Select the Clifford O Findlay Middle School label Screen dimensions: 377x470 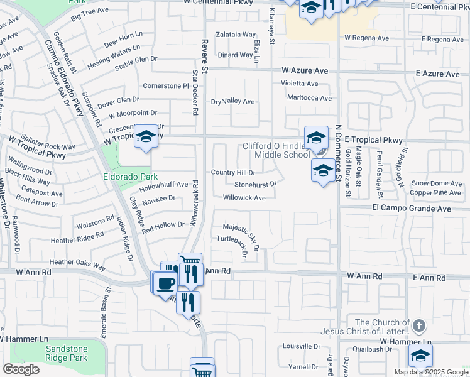(x=276, y=150)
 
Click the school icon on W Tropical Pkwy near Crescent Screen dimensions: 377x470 (x=146, y=137)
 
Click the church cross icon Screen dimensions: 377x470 (x=420, y=325)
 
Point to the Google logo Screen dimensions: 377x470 (x=21, y=369)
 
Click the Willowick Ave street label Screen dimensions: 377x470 (x=244, y=197)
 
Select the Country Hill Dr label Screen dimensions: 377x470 (x=233, y=172)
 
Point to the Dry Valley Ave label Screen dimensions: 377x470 (x=232, y=101)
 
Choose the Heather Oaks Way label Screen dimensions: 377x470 (x=77, y=263)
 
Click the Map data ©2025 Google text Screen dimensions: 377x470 (x=431, y=372)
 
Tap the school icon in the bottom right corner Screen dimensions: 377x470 (x=420, y=356)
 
